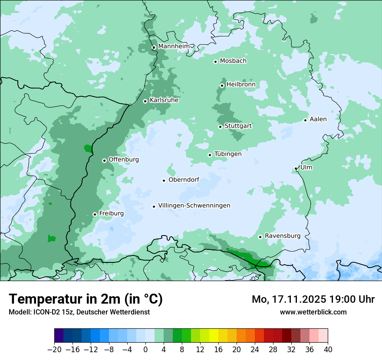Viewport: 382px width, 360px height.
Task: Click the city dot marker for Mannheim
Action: pos(154,48)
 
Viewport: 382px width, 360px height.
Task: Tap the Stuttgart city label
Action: pos(238,126)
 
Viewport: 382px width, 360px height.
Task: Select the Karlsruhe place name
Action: pos(164,100)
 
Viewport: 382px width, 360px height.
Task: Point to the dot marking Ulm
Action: pos(296,168)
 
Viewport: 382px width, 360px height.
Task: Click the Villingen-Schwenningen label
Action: pos(194,206)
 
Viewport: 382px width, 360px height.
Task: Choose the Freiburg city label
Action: pos(111,213)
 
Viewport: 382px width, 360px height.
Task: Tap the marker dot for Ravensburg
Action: pos(260,237)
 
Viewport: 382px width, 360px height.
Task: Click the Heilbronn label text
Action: pos(241,85)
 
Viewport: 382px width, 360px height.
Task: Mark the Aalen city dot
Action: pos(305,120)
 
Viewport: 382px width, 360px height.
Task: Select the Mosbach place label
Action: pos(233,61)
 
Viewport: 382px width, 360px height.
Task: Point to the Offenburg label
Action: pos(124,160)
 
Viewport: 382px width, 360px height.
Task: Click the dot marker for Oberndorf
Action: pos(164,180)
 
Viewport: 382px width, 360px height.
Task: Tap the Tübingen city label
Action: pos(228,154)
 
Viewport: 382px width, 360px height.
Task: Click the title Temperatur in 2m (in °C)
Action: pos(86,299)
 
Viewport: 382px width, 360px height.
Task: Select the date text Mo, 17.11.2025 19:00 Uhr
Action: pos(313,299)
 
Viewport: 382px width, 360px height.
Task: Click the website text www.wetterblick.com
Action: pos(313,312)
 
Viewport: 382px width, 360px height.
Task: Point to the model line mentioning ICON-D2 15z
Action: pos(79,312)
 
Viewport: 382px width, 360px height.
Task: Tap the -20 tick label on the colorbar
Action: pos(55,350)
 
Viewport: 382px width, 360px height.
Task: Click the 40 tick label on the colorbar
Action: pos(328,350)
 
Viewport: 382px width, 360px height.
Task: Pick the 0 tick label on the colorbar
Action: pos(145,350)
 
